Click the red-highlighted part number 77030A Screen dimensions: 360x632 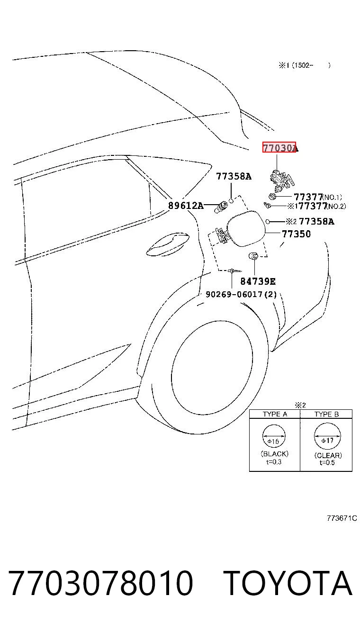coord(280,147)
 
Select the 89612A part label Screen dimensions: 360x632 coord(186,206)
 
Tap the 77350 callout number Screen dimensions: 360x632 coord(296,234)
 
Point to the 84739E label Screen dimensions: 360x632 coord(258,281)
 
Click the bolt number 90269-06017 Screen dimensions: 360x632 coord(234,294)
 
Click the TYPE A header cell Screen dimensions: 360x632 coord(275,414)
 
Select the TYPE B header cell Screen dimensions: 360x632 coord(326,414)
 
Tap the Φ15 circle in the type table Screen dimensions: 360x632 coord(274,436)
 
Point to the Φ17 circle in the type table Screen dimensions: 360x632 coord(327,436)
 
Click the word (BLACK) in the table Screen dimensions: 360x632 coord(275,454)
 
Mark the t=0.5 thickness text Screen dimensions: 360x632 coord(327,462)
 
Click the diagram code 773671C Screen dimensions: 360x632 coord(342,518)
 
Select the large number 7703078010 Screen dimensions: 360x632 coord(101,583)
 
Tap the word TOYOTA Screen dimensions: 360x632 coord(288,583)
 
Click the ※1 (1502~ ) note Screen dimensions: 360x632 coord(305,65)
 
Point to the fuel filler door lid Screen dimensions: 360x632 coord(246,229)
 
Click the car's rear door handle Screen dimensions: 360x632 coord(168,244)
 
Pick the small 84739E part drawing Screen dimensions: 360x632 coord(253,256)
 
